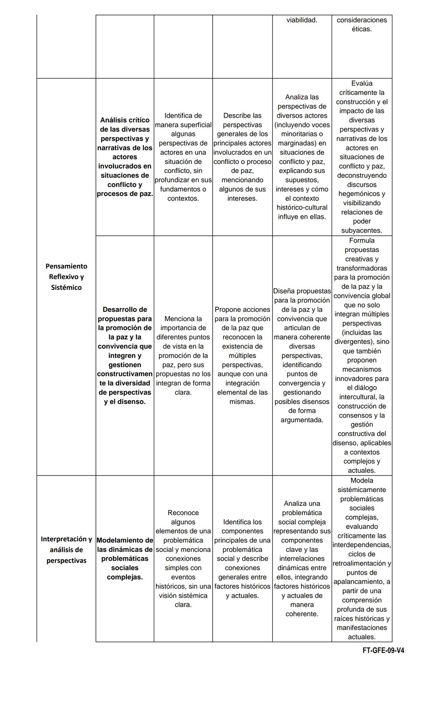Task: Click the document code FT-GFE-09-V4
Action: point(383,650)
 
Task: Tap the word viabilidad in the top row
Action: point(302,20)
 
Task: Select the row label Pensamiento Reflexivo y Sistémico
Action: point(66,277)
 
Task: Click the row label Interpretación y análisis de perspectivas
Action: point(66,550)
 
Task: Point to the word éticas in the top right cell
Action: point(361,29)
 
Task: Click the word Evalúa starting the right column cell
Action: point(362,84)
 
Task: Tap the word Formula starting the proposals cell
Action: point(362,241)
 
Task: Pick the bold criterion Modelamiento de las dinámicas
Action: point(125,558)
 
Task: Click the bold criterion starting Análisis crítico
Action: point(125,157)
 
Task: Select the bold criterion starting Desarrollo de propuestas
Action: point(125,355)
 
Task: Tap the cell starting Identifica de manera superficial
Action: point(183,157)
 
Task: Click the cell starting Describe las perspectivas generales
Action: point(242,157)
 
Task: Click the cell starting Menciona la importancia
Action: point(183,355)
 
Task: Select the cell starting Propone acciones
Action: point(242,355)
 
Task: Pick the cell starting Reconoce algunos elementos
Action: point(183,558)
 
